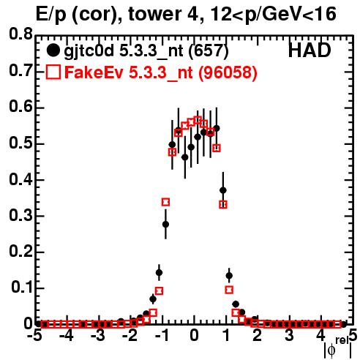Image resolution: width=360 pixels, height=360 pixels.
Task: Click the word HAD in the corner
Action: pos(310,50)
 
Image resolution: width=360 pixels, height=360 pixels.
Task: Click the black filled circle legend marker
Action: pos(53,50)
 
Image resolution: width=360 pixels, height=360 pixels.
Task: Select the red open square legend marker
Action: pos(53,72)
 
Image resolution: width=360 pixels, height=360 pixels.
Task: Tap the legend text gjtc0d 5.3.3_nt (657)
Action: pos(146,52)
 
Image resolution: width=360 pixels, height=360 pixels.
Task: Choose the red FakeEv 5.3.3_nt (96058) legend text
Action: pos(161,72)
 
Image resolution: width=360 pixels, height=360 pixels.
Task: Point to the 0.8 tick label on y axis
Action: pos(21,34)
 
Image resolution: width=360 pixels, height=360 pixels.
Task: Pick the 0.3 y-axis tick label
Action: pos(21,215)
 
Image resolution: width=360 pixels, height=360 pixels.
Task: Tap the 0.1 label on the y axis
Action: pos(22,288)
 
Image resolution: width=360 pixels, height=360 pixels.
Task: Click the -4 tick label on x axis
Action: pos(67,335)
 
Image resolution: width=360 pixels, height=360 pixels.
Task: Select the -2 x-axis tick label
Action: pos(130,335)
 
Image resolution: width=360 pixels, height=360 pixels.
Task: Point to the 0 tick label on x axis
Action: pos(194,335)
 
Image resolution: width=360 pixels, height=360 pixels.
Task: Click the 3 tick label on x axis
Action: pos(289,335)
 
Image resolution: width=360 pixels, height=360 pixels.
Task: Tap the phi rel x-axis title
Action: pos(338,348)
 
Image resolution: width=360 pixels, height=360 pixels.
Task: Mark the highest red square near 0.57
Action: pos(198,120)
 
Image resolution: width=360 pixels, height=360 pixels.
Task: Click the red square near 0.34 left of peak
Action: pos(165,202)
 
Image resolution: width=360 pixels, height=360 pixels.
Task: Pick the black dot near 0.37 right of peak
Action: pos(223,190)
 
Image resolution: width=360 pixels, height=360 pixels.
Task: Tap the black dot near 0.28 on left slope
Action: pos(165,224)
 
